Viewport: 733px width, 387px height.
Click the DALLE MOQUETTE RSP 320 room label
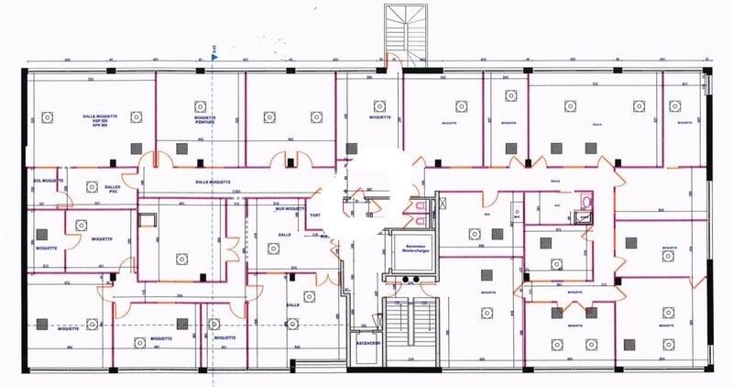(x=90, y=122)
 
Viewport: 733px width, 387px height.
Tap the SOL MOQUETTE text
(x=47, y=181)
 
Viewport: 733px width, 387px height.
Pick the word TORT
(x=314, y=216)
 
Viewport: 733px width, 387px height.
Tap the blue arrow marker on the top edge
(x=213, y=57)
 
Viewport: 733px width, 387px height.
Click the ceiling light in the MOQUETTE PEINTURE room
(x=201, y=104)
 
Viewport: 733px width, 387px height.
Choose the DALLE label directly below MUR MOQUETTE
(x=284, y=235)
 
